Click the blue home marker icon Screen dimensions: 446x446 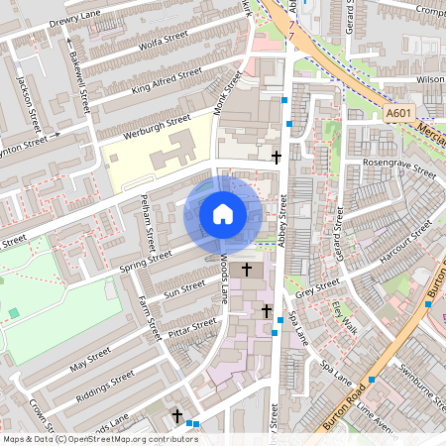[222, 213]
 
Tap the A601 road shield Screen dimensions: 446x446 [397, 114]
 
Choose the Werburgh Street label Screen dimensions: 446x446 [157, 126]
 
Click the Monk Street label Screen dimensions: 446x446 [227, 93]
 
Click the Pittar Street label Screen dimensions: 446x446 [191, 327]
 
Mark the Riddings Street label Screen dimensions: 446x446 [109, 383]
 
